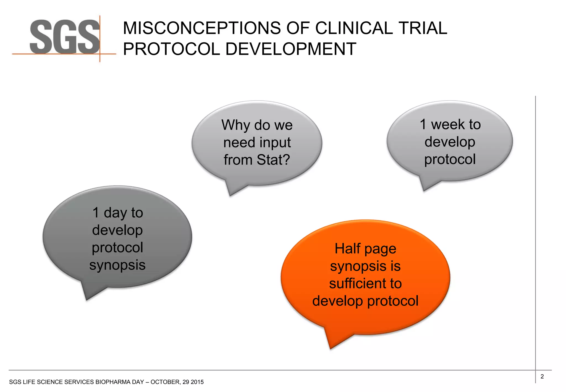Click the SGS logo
click(x=64, y=37)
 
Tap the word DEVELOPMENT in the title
click(x=290, y=49)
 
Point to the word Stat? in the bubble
click(x=273, y=160)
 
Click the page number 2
click(x=542, y=377)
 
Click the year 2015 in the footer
click(x=197, y=382)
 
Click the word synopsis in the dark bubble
click(x=117, y=265)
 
